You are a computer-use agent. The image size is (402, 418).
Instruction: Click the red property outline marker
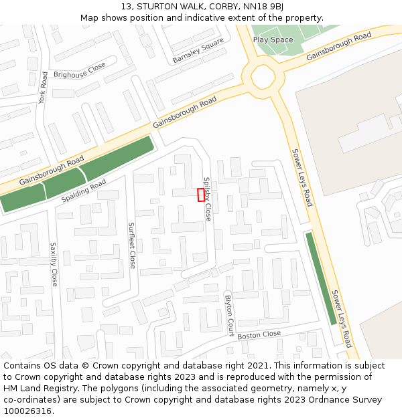coord(201,195)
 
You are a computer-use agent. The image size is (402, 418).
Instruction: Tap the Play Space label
coord(273,40)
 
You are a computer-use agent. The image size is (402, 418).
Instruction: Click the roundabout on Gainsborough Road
coord(263,78)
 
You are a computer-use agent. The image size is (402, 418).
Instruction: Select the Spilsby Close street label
coord(208,199)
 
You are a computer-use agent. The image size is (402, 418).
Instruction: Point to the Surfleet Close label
coord(132,245)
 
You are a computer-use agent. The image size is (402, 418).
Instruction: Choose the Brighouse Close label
coord(80,70)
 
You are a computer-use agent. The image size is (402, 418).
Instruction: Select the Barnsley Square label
coord(198,51)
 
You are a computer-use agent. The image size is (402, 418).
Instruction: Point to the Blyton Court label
coord(229,315)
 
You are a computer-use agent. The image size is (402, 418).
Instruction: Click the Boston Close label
coord(259,334)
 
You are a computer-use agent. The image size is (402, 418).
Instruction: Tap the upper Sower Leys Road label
coord(301,177)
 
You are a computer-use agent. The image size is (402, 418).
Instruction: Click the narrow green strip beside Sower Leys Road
coord(321,278)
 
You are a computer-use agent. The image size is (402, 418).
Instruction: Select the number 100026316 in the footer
coord(29,411)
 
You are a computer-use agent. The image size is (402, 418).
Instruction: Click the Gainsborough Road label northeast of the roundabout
coord(338,47)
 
